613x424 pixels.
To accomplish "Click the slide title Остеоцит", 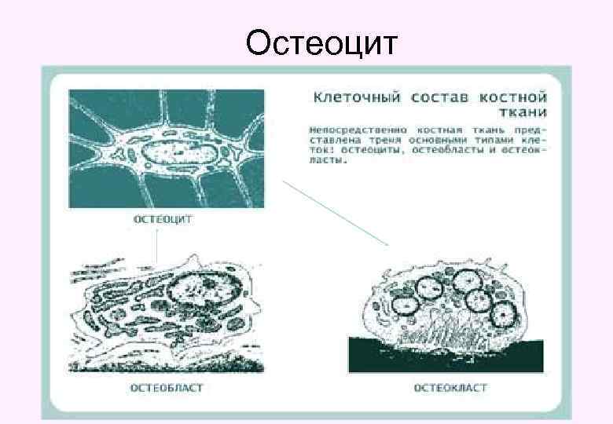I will (322, 44).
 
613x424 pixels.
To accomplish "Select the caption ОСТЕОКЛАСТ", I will (450, 387).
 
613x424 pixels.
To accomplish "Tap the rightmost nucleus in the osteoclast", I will (503, 313).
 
